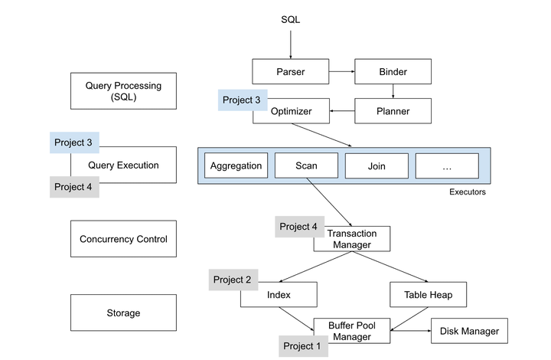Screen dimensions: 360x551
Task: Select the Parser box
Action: (290, 72)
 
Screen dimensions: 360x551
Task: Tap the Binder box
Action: (393, 72)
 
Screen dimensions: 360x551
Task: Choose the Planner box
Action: (393, 111)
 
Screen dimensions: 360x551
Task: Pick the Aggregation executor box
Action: (236, 165)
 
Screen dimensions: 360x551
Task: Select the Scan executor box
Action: (306, 165)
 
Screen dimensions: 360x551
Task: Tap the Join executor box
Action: (377, 165)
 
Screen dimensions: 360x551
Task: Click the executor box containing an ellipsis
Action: (447, 165)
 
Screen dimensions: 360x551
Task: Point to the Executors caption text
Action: (467, 192)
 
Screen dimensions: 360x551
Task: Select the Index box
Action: (279, 294)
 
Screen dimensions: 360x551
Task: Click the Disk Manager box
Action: (469, 331)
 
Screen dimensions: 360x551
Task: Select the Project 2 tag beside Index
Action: (233, 280)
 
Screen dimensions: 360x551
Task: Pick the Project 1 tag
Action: (303, 346)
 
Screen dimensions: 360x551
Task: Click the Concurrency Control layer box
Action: (123, 239)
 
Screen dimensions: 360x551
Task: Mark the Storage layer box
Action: (123, 313)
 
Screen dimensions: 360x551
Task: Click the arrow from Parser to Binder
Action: (341, 72)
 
